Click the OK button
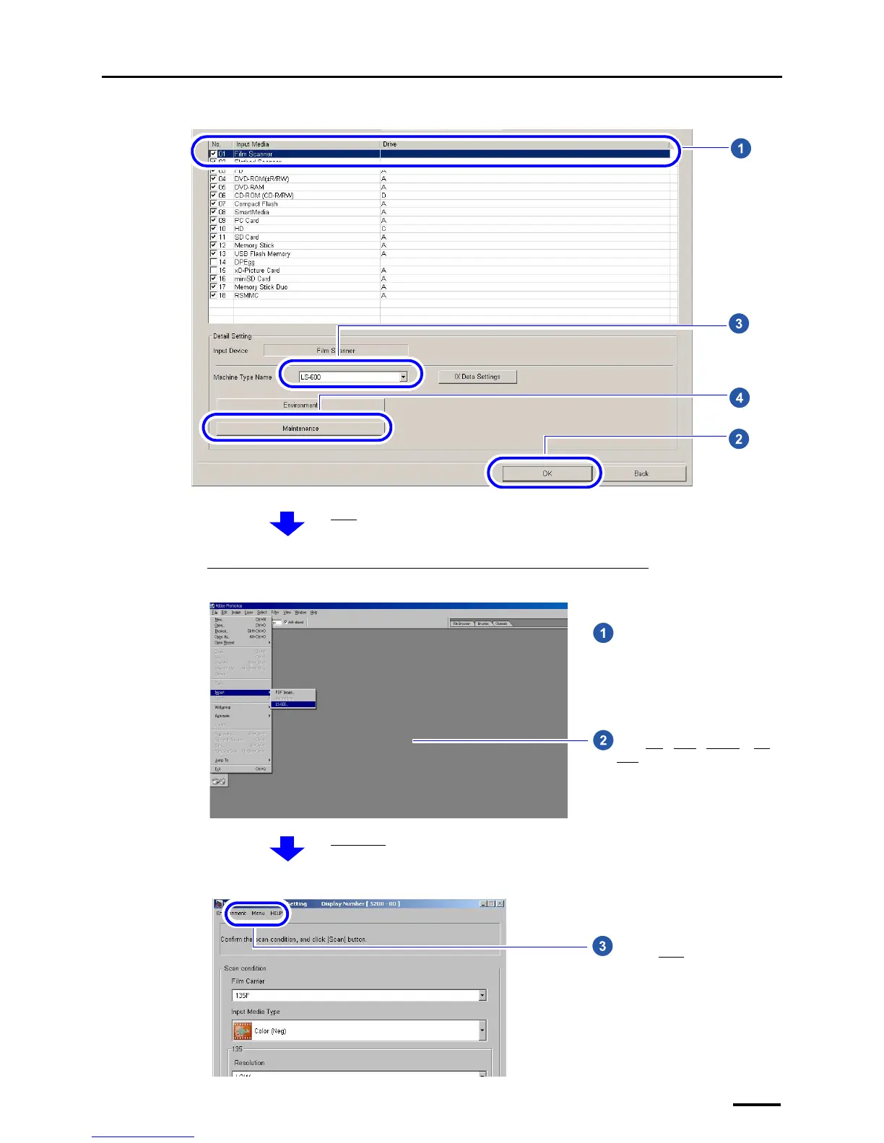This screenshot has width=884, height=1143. (x=547, y=473)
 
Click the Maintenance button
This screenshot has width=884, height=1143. (x=300, y=429)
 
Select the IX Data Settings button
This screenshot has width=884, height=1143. (x=477, y=377)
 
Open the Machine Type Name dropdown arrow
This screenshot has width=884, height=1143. (x=403, y=377)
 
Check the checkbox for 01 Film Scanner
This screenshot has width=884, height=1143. (x=213, y=154)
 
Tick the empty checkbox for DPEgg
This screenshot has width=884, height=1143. (x=213, y=262)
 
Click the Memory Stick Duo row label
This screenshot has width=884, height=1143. (x=261, y=287)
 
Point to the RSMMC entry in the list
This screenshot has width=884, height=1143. (x=246, y=296)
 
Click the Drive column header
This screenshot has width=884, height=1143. (x=390, y=144)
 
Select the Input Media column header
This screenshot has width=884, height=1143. (x=252, y=144)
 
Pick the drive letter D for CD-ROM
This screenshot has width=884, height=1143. (x=383, y=196)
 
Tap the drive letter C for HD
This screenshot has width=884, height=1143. (x=383, y=229)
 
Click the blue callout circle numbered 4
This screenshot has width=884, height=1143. (x=738, y=398)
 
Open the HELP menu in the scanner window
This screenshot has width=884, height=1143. (x=277, y=914)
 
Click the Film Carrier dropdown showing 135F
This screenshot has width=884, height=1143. (x=358, y=996)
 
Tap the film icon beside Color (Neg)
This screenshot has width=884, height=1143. (x=243, y=1031)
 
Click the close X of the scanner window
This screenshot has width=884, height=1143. (x=500, y=903)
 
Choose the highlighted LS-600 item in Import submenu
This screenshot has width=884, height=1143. (x=292, y=704)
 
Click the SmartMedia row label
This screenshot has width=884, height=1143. (x=251, y=212)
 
